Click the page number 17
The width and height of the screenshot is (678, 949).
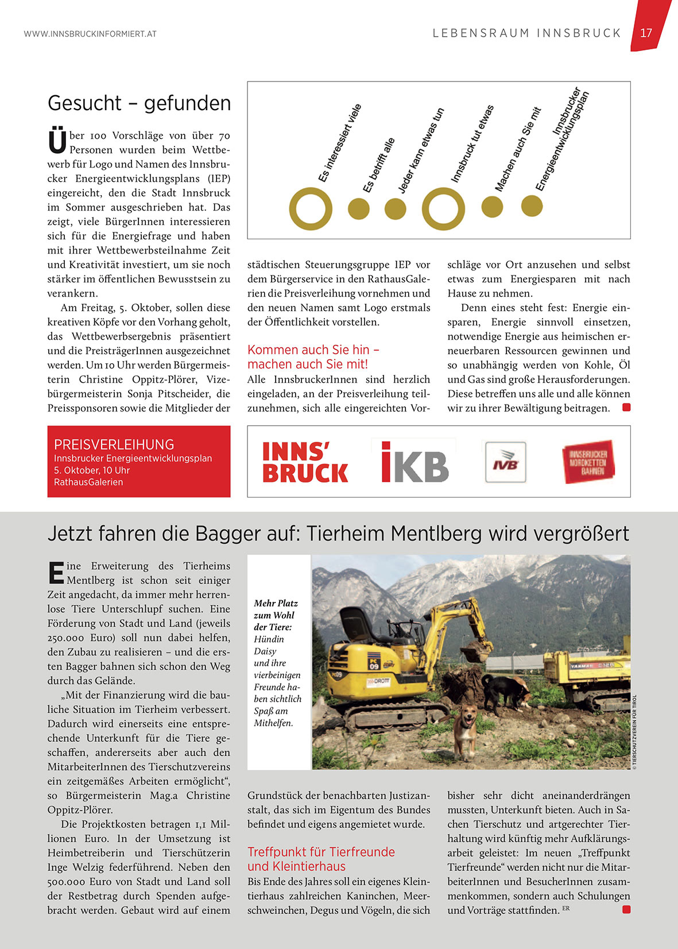point(646,33)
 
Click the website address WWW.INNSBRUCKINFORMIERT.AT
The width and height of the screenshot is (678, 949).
point(90,34)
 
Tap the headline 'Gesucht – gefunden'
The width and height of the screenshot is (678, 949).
point(139,103)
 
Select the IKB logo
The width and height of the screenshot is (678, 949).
point(414,462)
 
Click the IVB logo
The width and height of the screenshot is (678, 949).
point(505,462)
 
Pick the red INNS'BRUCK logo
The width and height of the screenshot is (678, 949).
point(305,462)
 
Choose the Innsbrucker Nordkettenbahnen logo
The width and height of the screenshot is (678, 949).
point(588,462)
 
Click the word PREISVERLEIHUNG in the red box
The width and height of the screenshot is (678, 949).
point(114,445)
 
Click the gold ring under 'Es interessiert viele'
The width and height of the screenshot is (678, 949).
point(311,208)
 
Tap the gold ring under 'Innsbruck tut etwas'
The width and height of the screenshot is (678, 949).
point(443,208)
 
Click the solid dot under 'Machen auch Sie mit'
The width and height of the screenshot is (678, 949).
point(492,207)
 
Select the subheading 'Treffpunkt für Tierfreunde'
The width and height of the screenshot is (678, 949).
point(321,852)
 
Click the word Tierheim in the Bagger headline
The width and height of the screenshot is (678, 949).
point(346,534)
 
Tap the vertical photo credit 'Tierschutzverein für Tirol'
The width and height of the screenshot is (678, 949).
point(634,732)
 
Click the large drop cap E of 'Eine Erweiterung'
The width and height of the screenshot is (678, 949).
point(56,572)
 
